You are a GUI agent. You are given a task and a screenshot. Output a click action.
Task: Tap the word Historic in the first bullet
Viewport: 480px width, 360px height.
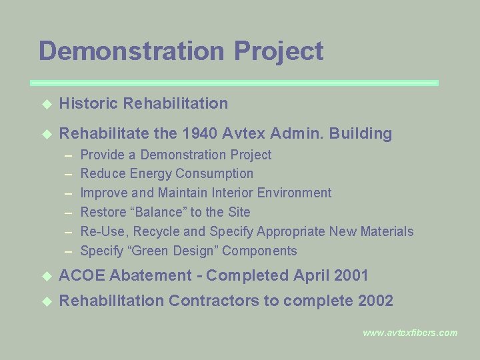[87, 103]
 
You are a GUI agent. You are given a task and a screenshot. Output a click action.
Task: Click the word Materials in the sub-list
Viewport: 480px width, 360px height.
[387, 231]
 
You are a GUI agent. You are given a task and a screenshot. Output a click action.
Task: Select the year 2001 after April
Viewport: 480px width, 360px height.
[348, 275]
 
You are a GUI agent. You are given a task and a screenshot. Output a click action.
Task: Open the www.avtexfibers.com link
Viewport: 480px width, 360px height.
[410, 333]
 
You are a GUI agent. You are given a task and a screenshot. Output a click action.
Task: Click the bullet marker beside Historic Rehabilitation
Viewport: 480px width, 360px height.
[46, 104]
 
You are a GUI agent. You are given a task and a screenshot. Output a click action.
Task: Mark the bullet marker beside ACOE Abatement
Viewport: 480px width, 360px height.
[46, 276]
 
